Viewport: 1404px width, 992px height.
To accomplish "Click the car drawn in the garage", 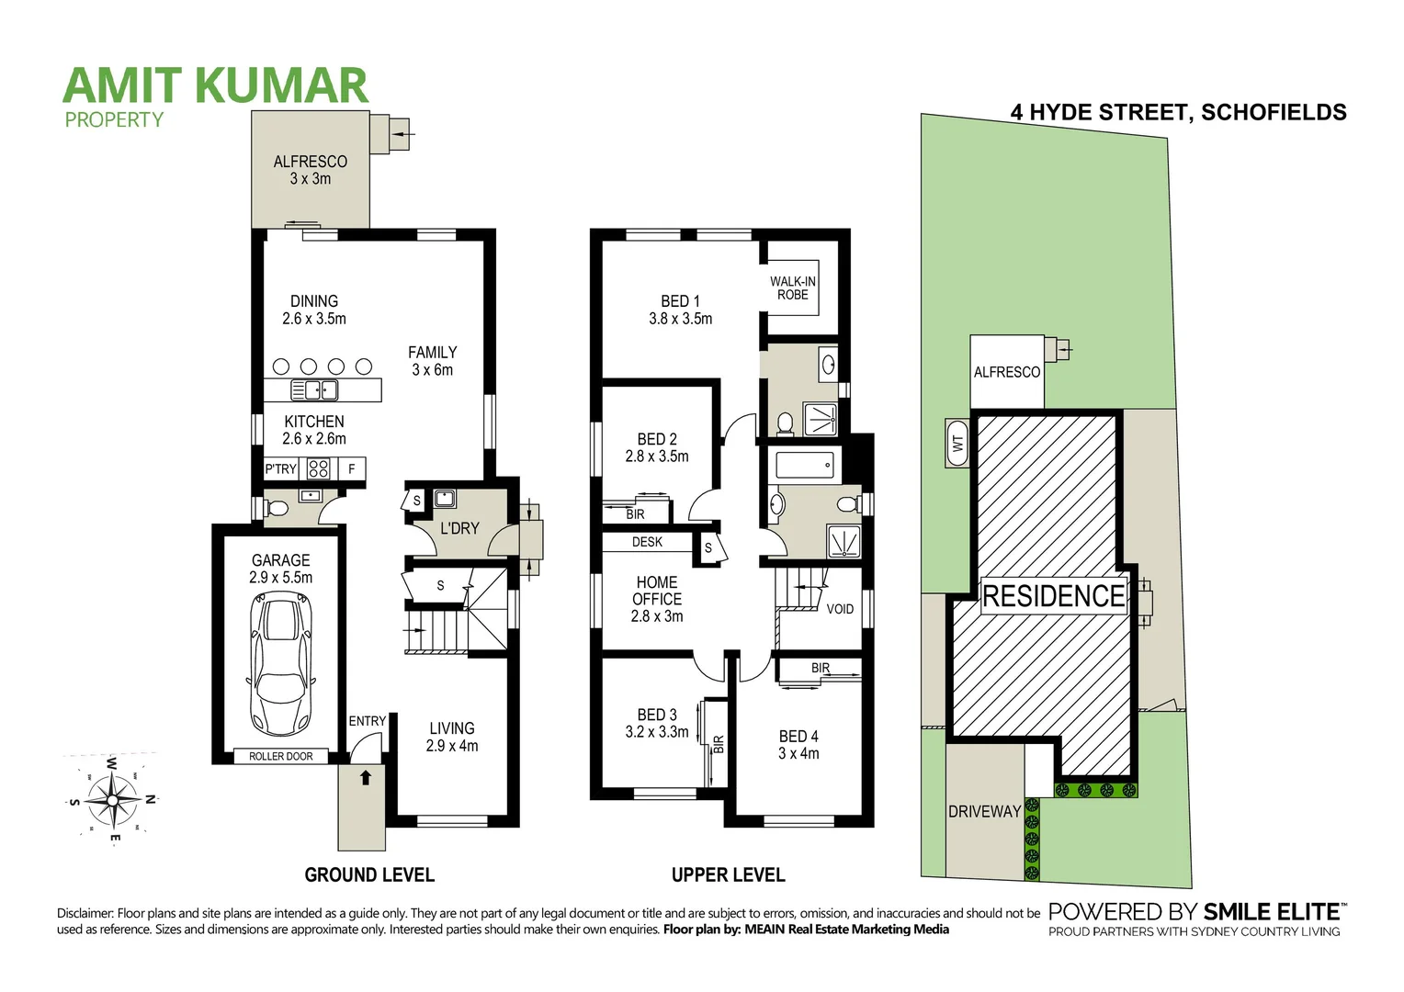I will [x=281, y=663].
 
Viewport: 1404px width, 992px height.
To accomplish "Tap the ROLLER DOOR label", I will [x=281, y=756].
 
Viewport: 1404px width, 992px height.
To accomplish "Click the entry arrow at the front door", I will [x=366, y=778].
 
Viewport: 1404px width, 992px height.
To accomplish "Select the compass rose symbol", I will [x=112, y=799].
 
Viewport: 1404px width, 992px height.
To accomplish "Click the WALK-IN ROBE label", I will [x=792, y=288].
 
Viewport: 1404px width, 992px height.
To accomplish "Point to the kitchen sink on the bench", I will [x=315, y=390].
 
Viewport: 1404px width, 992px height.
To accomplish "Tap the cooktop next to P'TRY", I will [x=318, y=469].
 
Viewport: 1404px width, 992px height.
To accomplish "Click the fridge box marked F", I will [x=351, y=469].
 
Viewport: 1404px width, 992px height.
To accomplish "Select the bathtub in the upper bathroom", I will [x=805, y=465].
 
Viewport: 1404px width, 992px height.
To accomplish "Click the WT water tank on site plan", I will [x=958, y=444].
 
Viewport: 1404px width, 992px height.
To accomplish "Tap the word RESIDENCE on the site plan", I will [x=1053, y=596].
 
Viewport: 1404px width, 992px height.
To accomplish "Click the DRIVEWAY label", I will [x=984, y=811].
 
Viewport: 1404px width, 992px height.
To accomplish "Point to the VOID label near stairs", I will [x=840, y=609].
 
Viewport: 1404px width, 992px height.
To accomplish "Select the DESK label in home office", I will [x=647, y=542].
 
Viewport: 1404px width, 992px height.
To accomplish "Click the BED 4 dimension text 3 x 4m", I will [x=798, y=753].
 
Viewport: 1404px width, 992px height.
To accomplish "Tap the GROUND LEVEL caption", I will [x=369, y=874].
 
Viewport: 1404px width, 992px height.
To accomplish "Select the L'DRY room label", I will [x=459, y=528].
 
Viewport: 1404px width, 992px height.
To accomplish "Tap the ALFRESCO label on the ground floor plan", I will [x=311, y=162].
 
